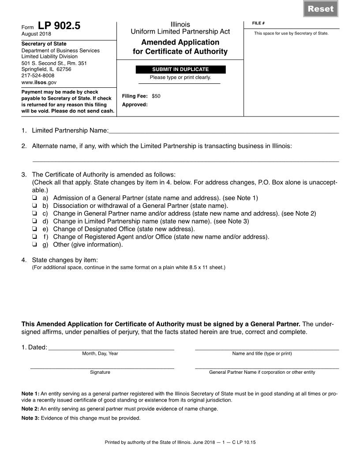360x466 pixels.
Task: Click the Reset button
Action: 321,9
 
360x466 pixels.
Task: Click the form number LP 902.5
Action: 59,26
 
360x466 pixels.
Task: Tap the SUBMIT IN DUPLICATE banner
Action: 180,69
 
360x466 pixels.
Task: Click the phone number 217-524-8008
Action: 38,75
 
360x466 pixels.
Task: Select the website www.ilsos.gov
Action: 39,82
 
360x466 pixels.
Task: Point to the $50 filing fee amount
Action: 156,96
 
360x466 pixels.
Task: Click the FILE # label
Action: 258,23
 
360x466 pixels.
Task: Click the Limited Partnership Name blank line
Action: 223,131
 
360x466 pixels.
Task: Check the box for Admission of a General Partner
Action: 34,198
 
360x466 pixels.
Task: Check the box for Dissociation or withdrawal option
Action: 34,206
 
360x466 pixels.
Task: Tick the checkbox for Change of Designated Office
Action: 34,229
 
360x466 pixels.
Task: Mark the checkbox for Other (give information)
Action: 34,244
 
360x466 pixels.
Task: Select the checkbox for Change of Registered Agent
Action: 34,237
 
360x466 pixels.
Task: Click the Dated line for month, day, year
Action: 111,347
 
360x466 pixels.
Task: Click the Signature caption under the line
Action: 100,372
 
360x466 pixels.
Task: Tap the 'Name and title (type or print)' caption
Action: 262,353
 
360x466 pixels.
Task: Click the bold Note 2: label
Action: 30,409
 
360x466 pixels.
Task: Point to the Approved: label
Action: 135,105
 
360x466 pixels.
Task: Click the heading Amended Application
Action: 180,42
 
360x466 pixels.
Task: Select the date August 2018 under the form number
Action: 36,34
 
